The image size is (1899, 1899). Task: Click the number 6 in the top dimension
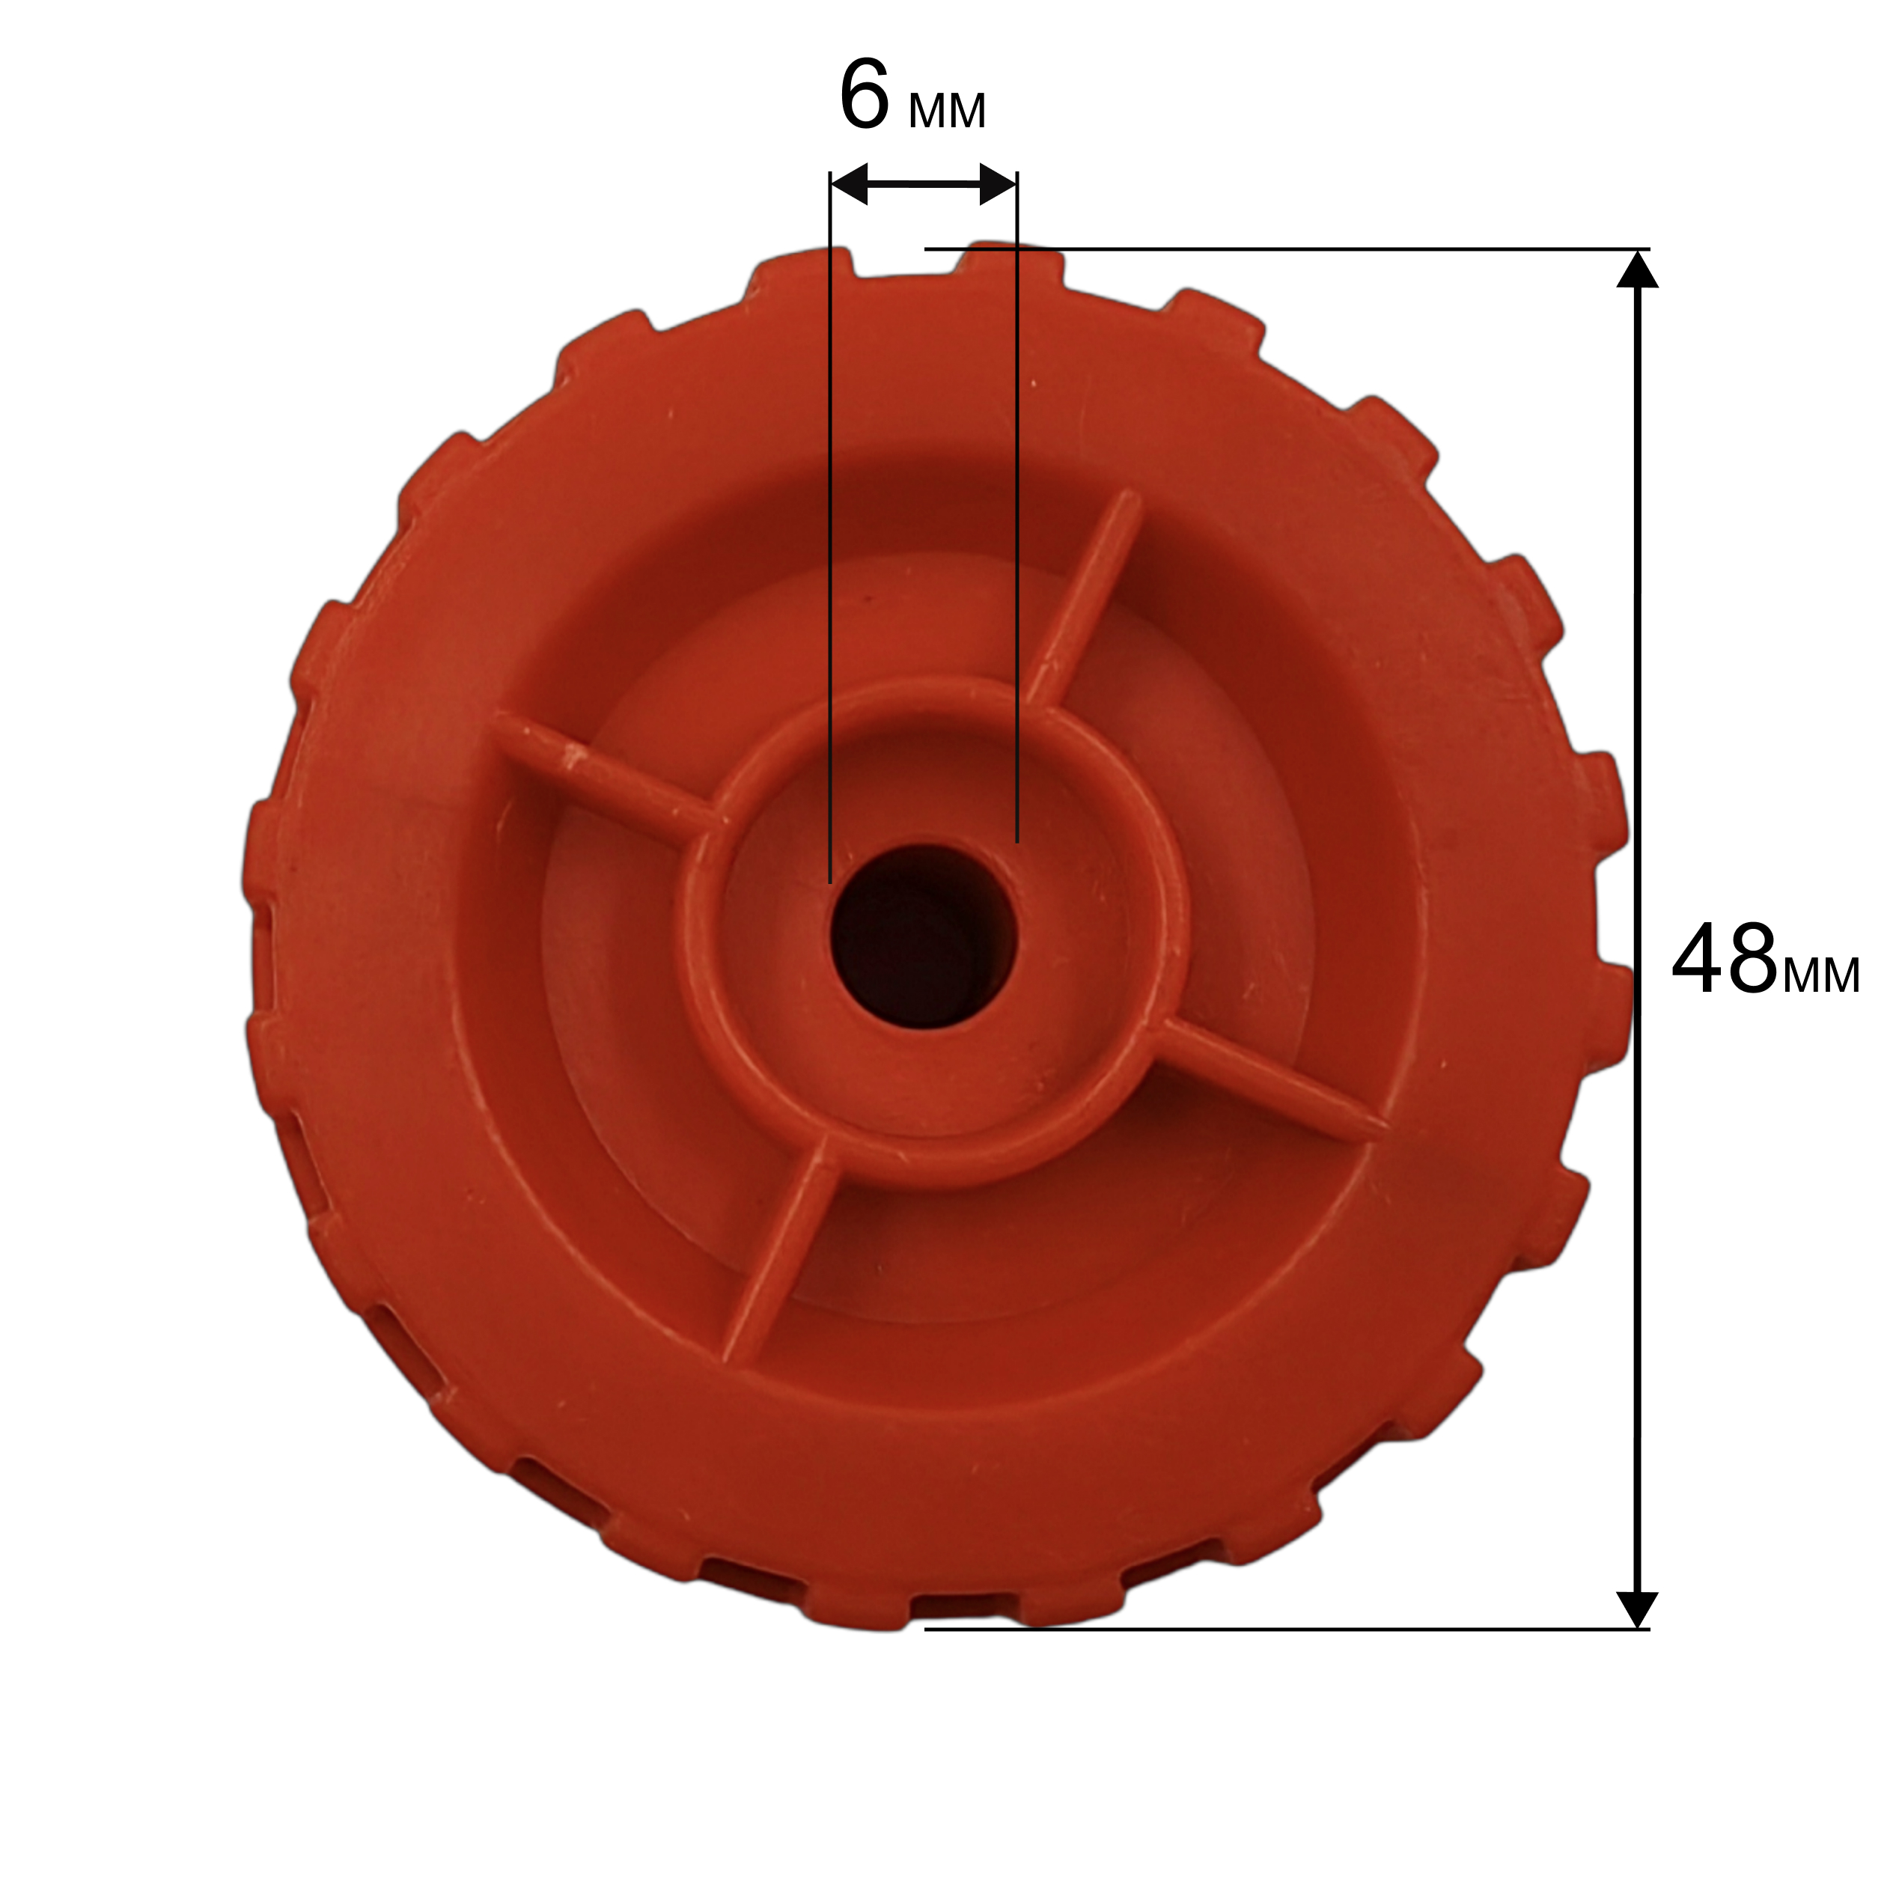[x=865, y=95]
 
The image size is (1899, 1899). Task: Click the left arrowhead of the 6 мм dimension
[x=850, y=184]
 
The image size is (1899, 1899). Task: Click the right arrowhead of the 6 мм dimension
[x=998, y=184]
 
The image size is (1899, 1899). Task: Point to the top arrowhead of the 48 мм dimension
[x=1636, y=270]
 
